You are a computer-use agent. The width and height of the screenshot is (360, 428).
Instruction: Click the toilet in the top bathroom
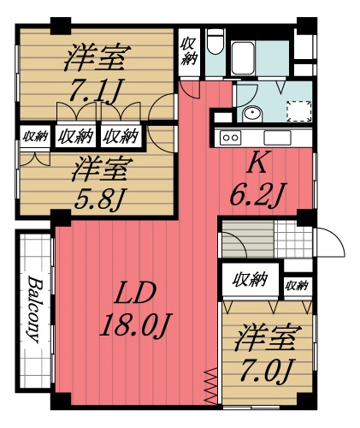click(215, 44)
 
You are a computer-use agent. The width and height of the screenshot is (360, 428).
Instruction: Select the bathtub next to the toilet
click(257, 56)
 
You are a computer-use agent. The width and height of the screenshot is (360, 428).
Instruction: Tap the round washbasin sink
click(252, 114)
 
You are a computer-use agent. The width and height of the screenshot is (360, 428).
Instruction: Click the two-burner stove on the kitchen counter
click(231, 137)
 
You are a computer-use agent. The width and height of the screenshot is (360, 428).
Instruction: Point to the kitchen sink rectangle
click(279, 138)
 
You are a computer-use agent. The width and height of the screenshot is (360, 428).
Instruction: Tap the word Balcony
click(35, 307)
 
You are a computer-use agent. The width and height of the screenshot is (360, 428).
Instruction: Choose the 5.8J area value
click(99, 199)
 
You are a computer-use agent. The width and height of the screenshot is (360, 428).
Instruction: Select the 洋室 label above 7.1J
click(96, 58)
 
